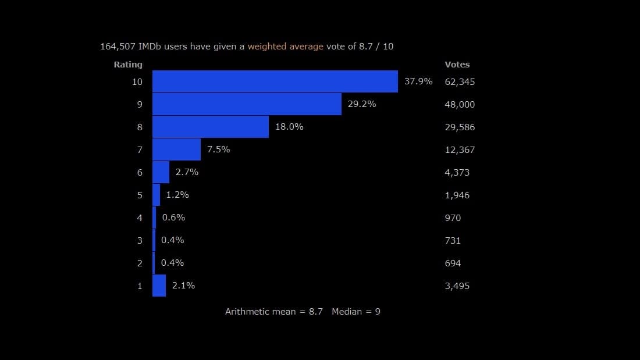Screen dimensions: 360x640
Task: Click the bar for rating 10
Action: (x=275, y=81)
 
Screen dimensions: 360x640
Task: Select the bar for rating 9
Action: (x=247, y=104)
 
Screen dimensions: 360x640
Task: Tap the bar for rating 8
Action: (x=211, y=127)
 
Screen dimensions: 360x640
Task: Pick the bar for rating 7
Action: (x=176, y=149)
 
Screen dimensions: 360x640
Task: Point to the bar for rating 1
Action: (x=159, y=286)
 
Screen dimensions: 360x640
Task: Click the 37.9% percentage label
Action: (x=418, y=81)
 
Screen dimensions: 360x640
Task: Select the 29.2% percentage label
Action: (x=362, y=104)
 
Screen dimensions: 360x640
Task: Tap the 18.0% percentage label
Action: (x=289, y=127)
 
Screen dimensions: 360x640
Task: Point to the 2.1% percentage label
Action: (x=183, y=286)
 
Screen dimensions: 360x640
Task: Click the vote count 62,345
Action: (x=460, y=82)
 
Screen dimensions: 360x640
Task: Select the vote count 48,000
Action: (x=460, y=105)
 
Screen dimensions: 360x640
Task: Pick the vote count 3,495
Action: (x=457, y=286)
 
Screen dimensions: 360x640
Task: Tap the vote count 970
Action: (x=453, y=218)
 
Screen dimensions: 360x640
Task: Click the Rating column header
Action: (x=128, y=65)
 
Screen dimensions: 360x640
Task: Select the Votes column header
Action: (x=457, y=65)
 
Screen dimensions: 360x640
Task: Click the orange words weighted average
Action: (x=285, y=47)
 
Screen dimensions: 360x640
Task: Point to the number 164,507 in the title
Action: (x=118, y=47)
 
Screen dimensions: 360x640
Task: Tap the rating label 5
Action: (x=140, y=195)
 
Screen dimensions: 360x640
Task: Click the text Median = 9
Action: (x=356, y=312)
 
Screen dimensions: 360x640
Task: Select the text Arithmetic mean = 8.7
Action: (x=274, y=312)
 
